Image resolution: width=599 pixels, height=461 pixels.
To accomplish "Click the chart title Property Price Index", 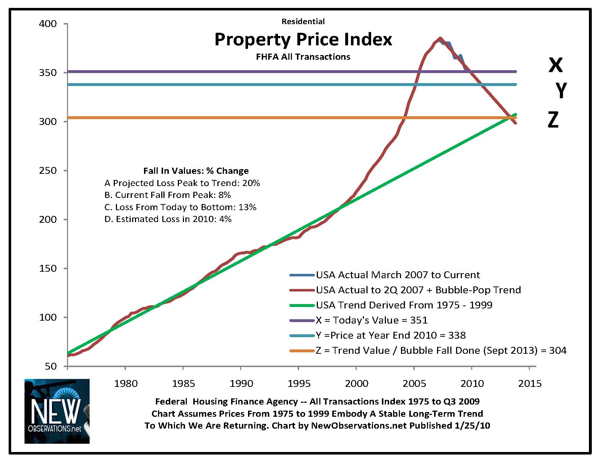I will (303, 39).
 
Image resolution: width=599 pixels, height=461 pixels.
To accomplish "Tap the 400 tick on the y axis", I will (48, 24).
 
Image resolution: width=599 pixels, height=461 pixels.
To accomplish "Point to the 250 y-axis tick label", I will (48, 171).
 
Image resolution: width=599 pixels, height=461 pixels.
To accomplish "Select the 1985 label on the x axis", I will (183, 384).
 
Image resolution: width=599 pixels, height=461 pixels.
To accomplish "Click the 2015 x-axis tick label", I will (530, 384).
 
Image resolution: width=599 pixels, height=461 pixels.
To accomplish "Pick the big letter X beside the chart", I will (555, 65).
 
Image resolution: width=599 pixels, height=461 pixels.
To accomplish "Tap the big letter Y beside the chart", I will (561, 90).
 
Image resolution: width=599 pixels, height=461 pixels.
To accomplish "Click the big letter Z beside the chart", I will (553, 120).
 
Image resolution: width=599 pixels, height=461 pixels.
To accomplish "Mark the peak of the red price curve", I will (440, 38).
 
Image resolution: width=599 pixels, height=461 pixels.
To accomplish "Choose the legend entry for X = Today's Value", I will (371, 320).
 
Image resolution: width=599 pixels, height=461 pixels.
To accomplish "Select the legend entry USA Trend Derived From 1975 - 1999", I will (404, 305).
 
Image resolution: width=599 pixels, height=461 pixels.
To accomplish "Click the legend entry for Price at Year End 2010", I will (391, 335).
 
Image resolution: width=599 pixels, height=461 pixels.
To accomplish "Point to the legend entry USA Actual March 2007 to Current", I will (398, 275).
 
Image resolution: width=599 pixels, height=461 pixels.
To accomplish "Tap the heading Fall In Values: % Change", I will (196, 171).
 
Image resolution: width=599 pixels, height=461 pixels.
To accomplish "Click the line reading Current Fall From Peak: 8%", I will (168, 195).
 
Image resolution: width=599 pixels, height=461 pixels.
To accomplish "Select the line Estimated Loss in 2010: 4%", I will (168, 219).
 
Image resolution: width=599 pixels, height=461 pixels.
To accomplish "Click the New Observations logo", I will (57, 411).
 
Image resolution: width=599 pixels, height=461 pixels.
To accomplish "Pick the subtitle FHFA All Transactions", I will (303, 57).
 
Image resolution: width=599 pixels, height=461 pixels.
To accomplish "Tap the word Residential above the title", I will (303, 22).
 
